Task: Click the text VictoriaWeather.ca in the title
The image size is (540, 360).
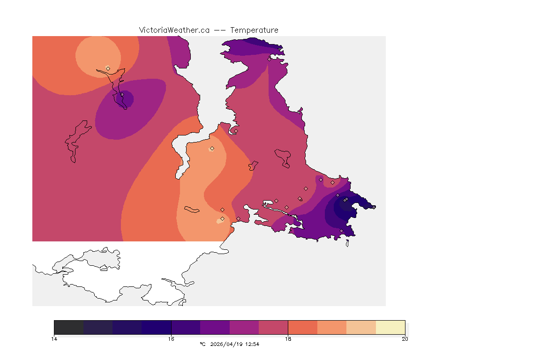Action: coord(174,30)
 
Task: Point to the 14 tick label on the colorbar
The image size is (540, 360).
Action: coord(54,339)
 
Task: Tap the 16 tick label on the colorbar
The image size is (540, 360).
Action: coord(171,339)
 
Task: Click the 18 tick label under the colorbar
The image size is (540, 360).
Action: coord(288,339)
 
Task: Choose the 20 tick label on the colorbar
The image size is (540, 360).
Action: coord(405,339)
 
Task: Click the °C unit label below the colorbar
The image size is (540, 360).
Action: coord(202,344)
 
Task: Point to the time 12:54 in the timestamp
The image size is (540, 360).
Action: coord(252,344)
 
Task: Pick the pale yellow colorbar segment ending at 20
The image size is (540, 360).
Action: coord(390,327)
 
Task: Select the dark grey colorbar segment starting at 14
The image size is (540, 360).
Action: coord(69,327)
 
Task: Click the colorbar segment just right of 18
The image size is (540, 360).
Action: coord(302,327)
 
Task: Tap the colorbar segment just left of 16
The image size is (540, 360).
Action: coord(157,327)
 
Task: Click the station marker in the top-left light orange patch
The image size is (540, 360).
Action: coord(108,68)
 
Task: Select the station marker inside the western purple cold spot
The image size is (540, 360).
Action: coord(122,95)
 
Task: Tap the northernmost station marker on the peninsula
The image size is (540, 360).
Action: coord(269,59)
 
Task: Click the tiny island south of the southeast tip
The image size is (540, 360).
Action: coord(347,243)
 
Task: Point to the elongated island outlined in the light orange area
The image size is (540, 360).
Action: coord(192,209)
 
